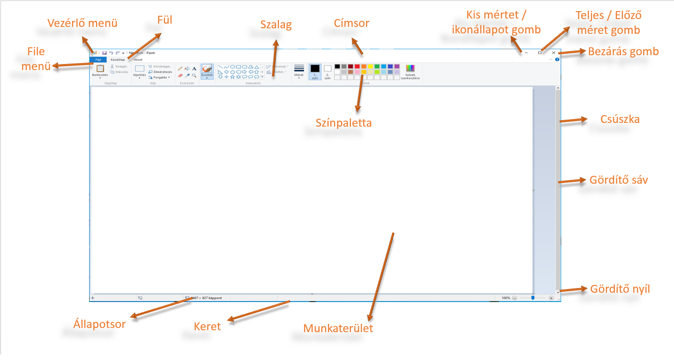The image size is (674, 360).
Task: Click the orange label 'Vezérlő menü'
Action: [x=83, y=23]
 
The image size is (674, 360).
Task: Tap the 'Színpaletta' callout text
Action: [x=344, y=123]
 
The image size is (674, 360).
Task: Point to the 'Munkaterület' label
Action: [x=338, y=328]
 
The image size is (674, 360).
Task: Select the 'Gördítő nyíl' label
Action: [x=620, y=289]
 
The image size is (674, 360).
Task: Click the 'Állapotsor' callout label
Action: [x=99, y=324]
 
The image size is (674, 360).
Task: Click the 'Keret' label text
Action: [x=207, y=326]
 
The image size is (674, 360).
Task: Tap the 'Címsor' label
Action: [x=351, y=23]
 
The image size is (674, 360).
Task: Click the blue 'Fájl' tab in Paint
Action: [x=98, y=60]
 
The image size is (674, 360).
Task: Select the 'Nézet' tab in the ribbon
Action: [x=138, y=60]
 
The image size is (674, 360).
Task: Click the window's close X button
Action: [x=553, y=53]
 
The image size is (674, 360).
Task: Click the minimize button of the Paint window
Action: [x=526, y=53]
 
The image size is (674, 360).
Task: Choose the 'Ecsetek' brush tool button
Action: [x=207, y=71]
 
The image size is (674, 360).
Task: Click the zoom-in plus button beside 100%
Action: [x=551, y=298]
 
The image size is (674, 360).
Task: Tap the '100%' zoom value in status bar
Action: [x=506, y=298]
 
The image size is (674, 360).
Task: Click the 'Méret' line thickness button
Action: [x=299, y=71]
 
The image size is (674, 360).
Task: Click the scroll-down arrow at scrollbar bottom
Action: [x=558, y=291]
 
